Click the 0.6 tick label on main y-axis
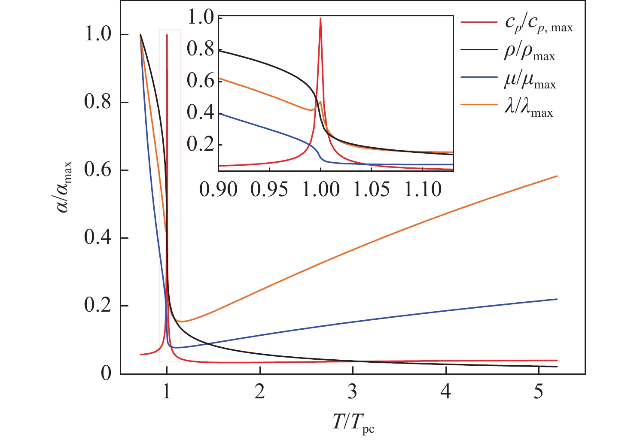(98, 170)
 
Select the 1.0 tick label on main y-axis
(98, 35)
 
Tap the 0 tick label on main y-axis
(106, 373)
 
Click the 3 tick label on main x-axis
(353, 392)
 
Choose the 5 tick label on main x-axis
(539, 392)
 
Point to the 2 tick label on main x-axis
(259, 392)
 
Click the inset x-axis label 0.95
(269, 189)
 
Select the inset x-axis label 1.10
(423, 189)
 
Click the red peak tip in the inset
(320, 18)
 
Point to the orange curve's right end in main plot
(557, 176)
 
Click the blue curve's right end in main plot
(557, 299)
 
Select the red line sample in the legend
(479, 21)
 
